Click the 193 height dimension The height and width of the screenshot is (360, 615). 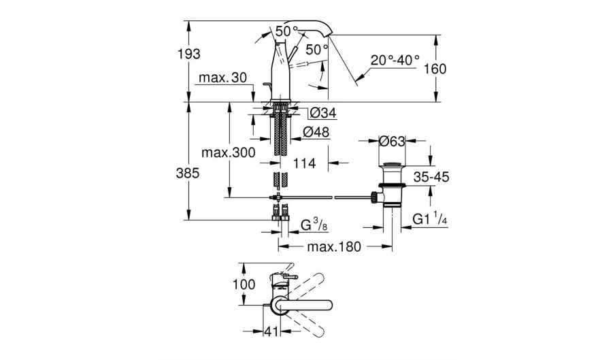pos(189,54)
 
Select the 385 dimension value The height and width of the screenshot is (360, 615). pos(188,173)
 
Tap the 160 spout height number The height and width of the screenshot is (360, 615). pos(435,69)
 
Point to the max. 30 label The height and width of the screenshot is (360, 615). pos(222,78)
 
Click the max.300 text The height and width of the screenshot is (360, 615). pos(229,152)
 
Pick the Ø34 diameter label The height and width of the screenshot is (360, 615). pos(322,114)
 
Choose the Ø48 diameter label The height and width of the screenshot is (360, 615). pos(316,132)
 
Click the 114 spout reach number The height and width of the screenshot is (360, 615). pos(304,163)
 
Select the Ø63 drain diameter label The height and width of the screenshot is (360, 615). pos(392,141)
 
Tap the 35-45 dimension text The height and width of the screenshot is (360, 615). pos(431,177)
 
